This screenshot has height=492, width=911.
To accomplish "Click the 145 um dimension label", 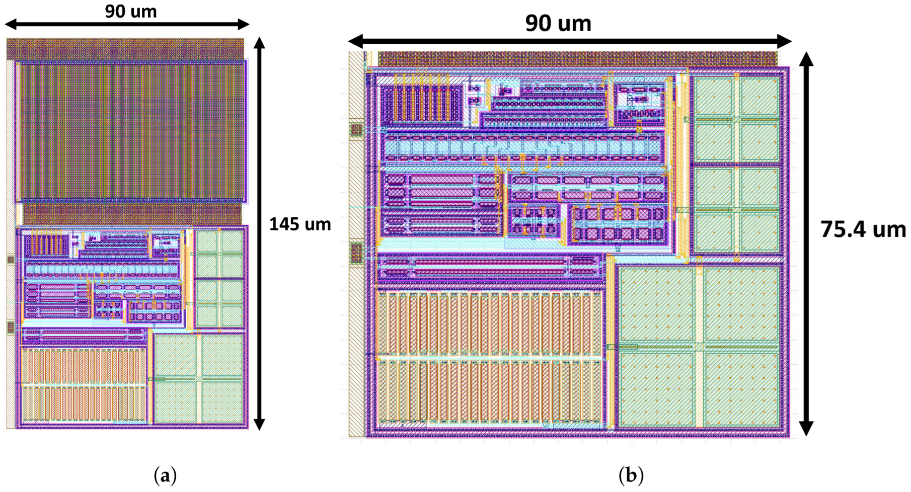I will [x=300, y=224].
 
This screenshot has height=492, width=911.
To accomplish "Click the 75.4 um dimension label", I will [x=863, y=229].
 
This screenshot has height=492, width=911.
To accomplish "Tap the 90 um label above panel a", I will [x=131, y=11].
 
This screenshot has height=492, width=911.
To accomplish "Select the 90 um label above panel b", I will [x=558, y=23].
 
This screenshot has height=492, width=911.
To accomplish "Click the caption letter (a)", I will [x=166, y=475].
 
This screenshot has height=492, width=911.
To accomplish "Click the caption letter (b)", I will [x=631, y=475].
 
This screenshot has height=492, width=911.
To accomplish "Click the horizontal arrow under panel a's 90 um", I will [x=127, y=24].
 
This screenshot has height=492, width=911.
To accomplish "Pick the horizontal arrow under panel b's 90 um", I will [x=569, y=41].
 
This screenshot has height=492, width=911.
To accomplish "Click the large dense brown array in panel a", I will [x=131, y=131].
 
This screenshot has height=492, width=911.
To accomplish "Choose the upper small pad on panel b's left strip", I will [x=356, y=129].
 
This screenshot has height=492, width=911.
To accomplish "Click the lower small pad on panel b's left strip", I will [x=356, y=253].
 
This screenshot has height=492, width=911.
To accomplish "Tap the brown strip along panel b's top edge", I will [x=577, y=59].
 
